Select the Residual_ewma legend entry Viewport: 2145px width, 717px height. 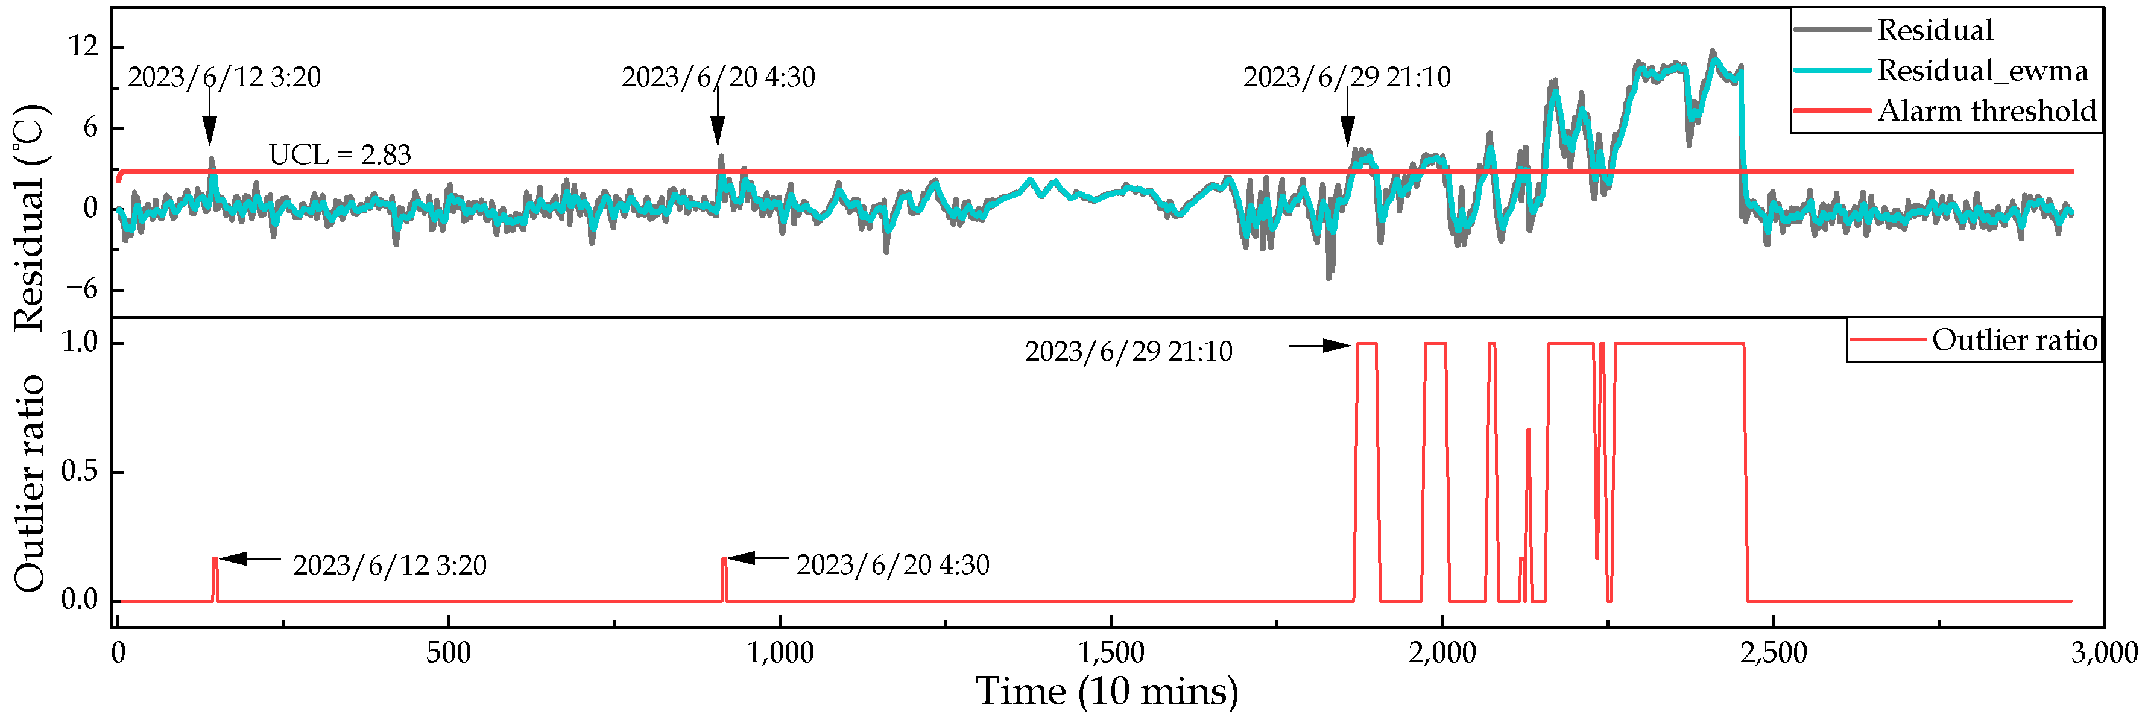[x=1981, y=70]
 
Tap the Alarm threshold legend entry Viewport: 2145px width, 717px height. [x=1986, y=110]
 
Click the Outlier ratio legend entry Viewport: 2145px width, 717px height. [x=2014, y=340]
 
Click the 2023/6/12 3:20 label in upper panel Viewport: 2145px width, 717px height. [x=224, y=77]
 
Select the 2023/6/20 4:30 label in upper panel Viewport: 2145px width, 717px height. [x=718, y=77]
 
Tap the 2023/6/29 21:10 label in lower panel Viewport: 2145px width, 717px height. [x=1128, y=352]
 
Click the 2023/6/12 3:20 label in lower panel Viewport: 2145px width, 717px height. [x=389, y=566]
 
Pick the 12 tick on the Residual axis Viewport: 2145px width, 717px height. [x=83, y=46]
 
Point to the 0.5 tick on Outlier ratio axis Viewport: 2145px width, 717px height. [x=80, y=472]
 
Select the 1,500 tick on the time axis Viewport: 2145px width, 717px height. [x=1111, y=652]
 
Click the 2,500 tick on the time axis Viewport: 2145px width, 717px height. [x=1773, y=652]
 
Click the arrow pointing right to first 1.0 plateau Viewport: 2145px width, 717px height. [x=1320, y=346]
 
